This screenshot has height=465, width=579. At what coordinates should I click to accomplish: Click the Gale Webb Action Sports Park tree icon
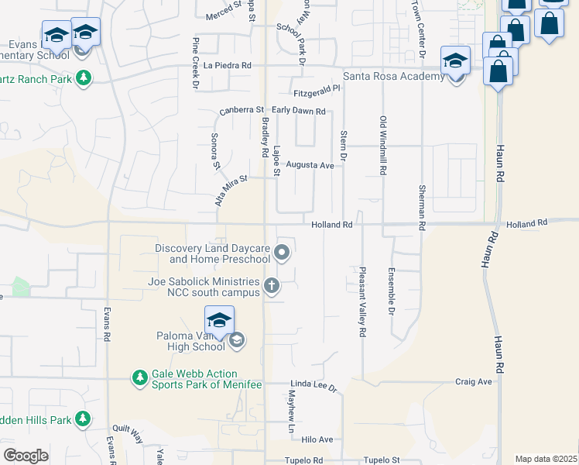140,377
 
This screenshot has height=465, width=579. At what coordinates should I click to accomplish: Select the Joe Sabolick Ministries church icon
271,286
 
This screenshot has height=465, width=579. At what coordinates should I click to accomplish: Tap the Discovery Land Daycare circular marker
283,252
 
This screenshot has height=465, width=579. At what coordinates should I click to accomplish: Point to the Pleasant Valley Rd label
361,302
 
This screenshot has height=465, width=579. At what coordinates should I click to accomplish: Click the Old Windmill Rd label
382,145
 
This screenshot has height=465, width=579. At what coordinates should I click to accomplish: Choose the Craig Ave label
474,381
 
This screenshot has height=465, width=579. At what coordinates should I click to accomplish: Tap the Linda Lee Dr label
314,384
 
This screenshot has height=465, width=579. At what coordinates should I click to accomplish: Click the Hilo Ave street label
317,439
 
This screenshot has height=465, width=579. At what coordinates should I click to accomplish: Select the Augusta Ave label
310,165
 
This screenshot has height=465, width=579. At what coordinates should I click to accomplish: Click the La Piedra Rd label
228,66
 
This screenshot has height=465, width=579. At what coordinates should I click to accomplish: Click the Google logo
26,455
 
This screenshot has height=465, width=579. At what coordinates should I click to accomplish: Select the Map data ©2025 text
546,459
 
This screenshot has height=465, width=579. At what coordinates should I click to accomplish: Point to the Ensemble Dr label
392,296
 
